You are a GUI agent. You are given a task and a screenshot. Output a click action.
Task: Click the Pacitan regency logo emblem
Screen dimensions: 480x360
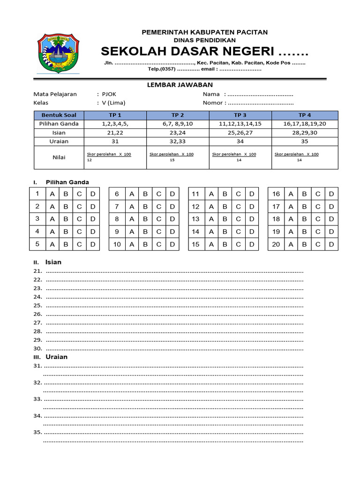(x=58, y=53)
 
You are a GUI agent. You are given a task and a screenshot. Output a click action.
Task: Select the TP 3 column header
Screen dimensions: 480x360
(x=240, y=115)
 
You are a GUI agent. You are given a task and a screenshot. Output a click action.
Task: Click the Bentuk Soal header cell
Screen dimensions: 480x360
(x=59, y=115)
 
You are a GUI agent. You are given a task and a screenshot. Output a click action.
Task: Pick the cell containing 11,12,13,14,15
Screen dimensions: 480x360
(x=240, y=124)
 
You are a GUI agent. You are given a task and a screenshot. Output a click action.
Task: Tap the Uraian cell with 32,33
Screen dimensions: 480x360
(x=178, y=141)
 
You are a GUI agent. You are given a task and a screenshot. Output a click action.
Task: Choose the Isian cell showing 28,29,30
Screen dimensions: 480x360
(x=305, y=133)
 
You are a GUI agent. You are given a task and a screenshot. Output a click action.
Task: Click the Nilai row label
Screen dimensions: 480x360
(x=59, y=157)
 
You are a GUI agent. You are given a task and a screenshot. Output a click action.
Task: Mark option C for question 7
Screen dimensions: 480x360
(x=158, y=207)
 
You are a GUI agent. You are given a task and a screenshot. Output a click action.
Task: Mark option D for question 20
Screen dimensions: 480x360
(x=331, y=244)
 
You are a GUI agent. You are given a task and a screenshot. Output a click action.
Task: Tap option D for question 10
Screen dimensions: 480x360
(x=172, y=244)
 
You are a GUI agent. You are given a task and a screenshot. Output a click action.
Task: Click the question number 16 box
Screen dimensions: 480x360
(x=276, y=194)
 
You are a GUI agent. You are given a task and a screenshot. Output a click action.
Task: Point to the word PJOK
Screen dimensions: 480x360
(x=109, y=94)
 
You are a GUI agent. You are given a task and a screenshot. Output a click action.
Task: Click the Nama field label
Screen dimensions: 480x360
(x=211, y=94)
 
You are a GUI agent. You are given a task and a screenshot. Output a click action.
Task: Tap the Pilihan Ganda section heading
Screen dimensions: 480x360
(x=67, y=182)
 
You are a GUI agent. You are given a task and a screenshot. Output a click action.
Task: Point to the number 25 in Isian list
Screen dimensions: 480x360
(x=37, y=306)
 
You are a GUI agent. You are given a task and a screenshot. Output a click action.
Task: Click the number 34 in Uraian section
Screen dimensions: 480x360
(x=37, y=416)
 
